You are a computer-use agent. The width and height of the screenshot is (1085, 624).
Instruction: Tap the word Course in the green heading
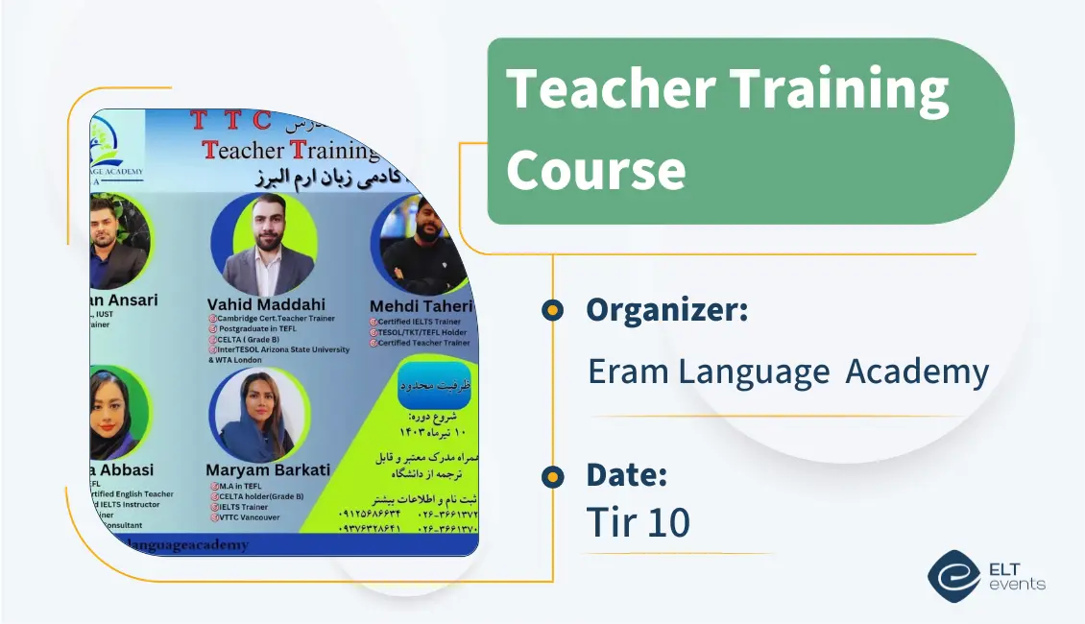pos(595,170)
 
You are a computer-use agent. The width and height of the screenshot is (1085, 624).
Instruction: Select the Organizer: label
pos(666,310)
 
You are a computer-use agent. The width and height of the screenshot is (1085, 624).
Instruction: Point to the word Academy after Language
pos(917,372)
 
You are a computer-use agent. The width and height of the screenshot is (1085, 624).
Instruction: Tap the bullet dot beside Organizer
pos(552,310)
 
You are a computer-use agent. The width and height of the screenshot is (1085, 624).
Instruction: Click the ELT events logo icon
pos(953,575)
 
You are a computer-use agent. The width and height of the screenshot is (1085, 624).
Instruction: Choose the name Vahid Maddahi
pos(266,305)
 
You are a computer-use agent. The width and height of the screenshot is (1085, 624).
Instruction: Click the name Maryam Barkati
pos(268,470)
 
